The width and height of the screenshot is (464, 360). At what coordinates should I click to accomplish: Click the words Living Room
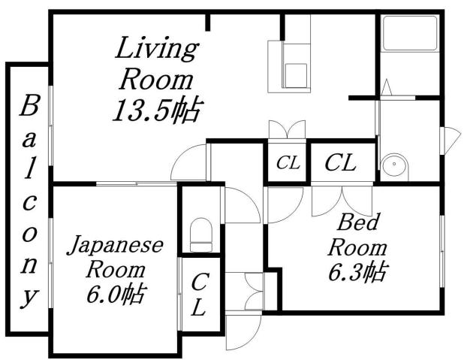pos(157,64)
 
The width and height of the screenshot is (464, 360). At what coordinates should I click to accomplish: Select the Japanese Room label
pos(116,256)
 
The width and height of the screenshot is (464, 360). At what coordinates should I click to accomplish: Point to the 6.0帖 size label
pos(116,292)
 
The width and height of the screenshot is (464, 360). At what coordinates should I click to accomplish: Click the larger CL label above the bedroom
pos(340,162)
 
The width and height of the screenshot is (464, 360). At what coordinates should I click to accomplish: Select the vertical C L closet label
pos(199,295)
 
